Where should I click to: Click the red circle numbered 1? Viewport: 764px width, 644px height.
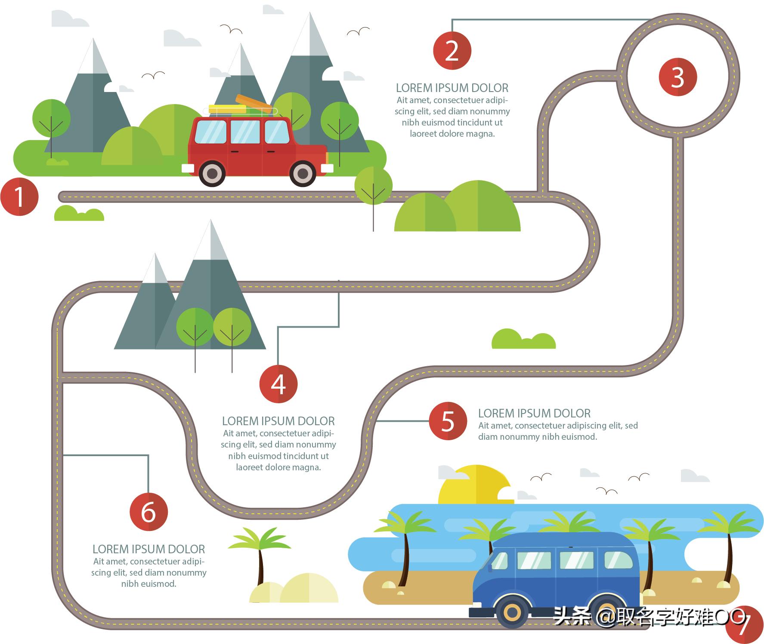point(19,197)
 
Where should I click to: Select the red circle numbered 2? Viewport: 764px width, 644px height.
point(452,51)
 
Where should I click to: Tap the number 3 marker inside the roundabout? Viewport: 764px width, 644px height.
point(677,77)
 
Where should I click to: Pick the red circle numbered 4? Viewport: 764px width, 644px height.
point(278,384)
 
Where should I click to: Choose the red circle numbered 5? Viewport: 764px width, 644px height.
point(448,421)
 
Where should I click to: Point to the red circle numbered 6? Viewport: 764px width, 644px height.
point(148,512)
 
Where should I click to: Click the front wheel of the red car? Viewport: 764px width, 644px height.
point(303,173)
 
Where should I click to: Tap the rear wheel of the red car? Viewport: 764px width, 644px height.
point(212,173)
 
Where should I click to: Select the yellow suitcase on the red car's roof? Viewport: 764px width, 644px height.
point(227,109)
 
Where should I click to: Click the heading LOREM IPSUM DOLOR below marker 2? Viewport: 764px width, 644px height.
point(452,88)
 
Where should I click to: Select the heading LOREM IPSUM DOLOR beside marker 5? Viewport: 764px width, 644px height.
point(534,414)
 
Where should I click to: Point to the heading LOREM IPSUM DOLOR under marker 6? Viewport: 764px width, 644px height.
point(148,549)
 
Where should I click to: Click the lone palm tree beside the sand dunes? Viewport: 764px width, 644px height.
point(260,555)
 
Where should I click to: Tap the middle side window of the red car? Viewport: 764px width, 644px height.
point(245,132)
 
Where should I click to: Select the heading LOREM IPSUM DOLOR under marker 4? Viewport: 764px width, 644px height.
point(278,421)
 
